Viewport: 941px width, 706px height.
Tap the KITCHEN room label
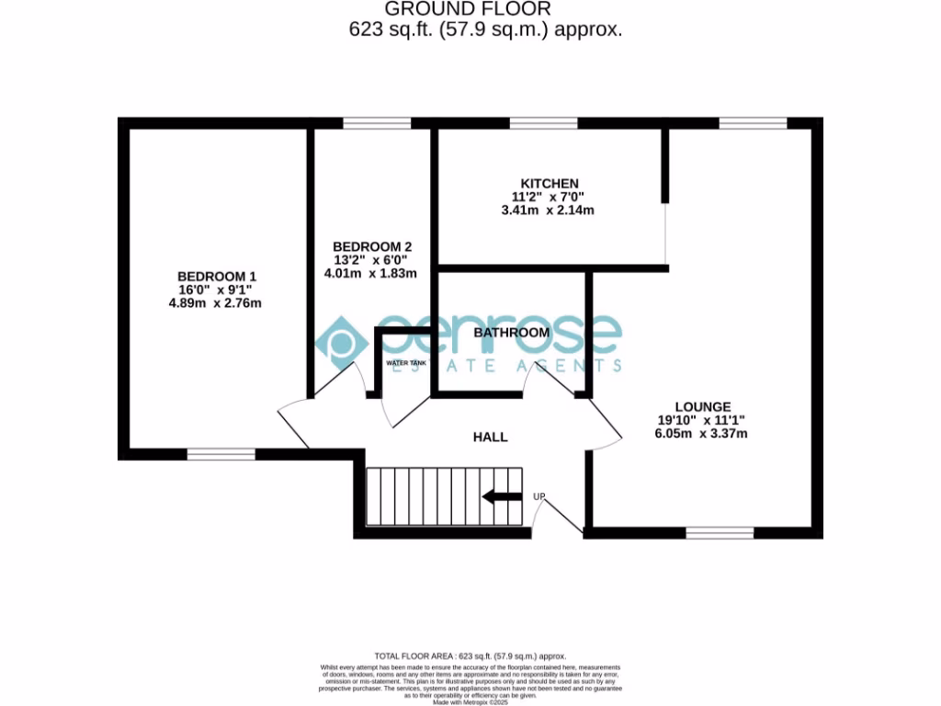tap(550, 183)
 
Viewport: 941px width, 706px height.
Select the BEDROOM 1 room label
tap(217, 276)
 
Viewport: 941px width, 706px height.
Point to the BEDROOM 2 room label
tap(371, 246)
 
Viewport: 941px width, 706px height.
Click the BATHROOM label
tap(512, 332)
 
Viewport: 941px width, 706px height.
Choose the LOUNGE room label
tap(703, 406)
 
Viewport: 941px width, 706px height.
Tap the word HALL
tap(491, 437)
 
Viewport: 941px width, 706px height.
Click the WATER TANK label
tap(406, 364)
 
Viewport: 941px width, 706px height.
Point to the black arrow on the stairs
tap(502, 497)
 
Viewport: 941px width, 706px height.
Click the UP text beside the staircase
tap(540, 497)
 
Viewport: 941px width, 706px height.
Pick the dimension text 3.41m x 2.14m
tap(550, 210)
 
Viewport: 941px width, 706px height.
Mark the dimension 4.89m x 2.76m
tap(217, 303)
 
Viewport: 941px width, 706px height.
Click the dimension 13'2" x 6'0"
tap(371, 260)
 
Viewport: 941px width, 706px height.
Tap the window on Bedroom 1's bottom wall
tap(221, 453)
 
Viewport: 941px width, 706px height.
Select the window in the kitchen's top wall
tap(543, 123)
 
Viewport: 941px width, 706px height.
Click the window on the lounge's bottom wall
tap(720, 532)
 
